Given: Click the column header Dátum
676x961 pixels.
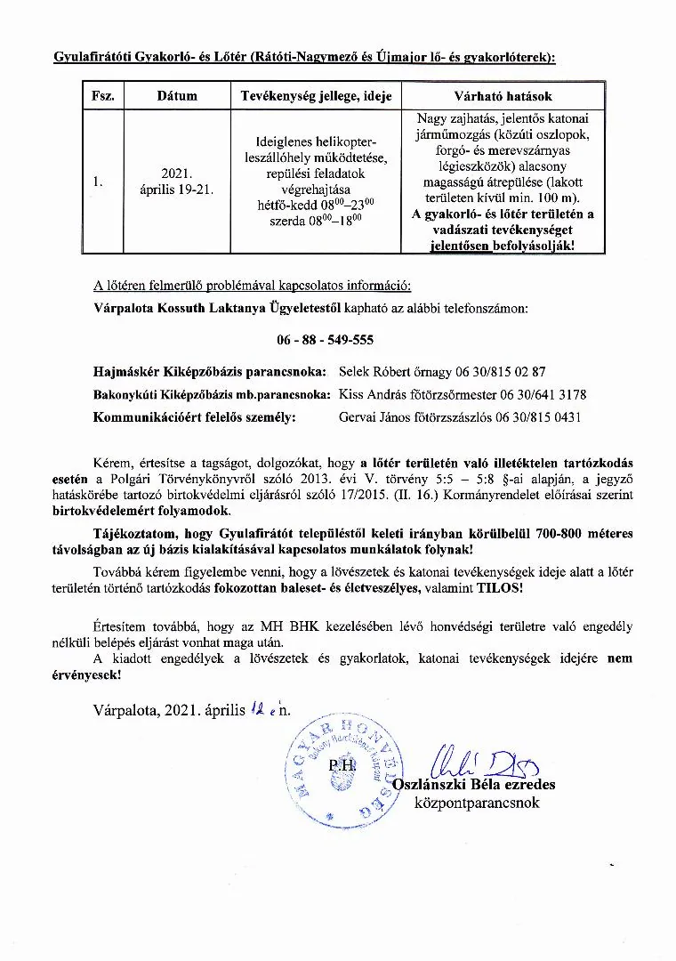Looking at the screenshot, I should tap(177, 96).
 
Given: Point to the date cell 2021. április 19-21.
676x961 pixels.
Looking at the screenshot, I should tap(177, 182).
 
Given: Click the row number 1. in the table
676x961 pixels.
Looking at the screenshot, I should tap(98, 182).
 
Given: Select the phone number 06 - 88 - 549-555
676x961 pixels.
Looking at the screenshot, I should tap(326, 341).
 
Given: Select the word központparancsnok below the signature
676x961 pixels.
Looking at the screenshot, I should tap(477, 803).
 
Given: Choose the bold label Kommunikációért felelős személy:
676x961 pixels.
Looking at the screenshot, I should tap(194, 416).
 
